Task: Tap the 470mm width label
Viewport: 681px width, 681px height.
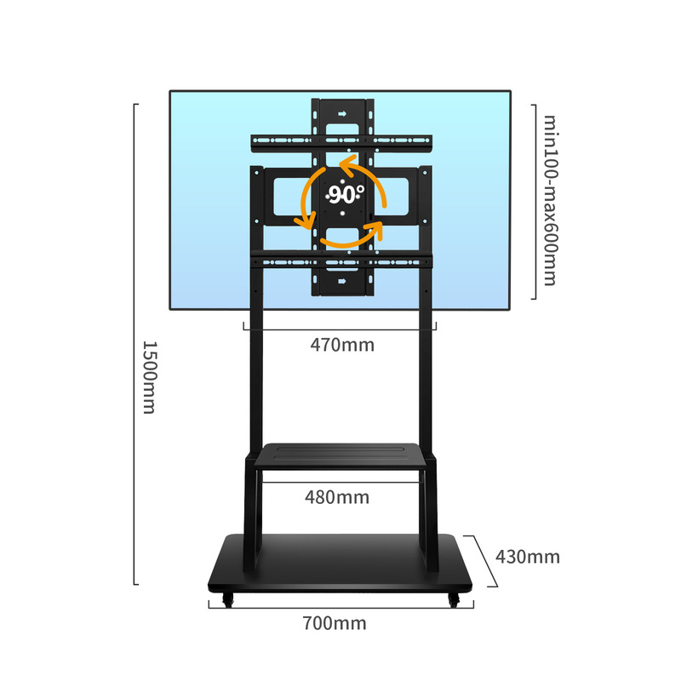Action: coord(341,346)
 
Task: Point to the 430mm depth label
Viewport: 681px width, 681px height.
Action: coord(528,557)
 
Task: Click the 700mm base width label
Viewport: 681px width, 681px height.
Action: coord(334,623)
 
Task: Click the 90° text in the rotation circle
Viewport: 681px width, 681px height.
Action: coord(346,194)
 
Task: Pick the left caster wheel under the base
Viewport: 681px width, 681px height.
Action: coord(226,601)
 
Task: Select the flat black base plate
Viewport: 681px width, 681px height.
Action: coord(340,562)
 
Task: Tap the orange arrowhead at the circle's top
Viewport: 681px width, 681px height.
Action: coord(345,163)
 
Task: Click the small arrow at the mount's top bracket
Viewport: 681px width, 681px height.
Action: coord(341,112)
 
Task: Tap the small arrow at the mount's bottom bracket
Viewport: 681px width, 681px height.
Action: coord(341,281)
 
